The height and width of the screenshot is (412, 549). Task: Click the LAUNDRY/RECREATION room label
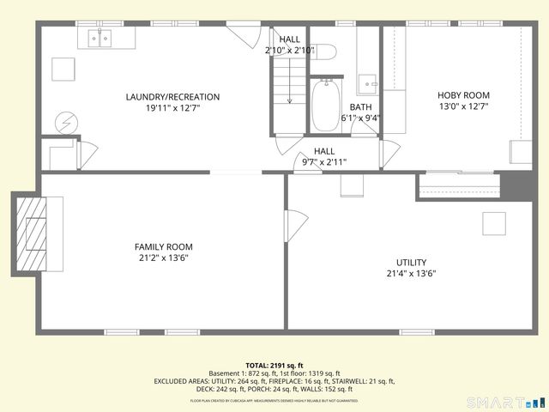[172, 97]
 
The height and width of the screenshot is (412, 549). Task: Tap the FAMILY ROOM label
[164, 247]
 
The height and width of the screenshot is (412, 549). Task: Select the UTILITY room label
[411, 263]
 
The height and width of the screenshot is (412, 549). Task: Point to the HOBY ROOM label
[463, 96]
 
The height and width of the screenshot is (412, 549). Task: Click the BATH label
[360, 107]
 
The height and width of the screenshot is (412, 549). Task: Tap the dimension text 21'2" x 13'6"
[164, 258]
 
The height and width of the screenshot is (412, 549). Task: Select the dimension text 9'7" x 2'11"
[323, 161]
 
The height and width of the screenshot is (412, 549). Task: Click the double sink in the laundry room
[101, 39]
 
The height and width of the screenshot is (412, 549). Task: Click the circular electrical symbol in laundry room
[65, 123]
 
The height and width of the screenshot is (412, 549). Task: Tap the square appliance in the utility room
[493, 223]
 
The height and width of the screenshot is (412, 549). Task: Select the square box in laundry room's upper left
[62, 69]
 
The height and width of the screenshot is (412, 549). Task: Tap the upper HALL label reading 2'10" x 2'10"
[290, 45]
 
